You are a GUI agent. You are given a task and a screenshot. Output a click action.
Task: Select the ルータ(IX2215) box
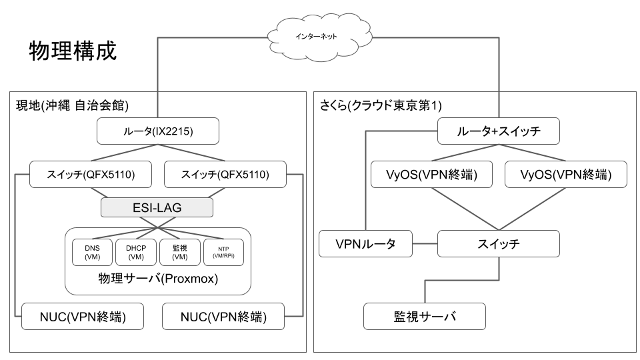tap(158, 131)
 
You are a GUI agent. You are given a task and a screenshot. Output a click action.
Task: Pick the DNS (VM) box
tap(92, 252)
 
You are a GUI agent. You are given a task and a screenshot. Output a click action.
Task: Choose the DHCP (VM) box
tap(135, 252)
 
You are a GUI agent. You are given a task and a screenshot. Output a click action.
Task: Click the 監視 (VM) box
tap(179, 252)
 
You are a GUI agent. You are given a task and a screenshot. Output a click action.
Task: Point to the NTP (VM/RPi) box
tap(223, 252)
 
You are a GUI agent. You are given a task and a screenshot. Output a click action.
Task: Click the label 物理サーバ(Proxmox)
tap(158, 278)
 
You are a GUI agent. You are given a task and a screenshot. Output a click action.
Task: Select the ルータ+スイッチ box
tap(499, 131)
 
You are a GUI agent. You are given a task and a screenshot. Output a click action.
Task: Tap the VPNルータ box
tap(365, 244)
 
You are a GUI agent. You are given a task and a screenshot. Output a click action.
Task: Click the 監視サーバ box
tap(424, 316)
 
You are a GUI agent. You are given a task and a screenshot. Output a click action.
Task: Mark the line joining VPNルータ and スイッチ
tap(424, 244)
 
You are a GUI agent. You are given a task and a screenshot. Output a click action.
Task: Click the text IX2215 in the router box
tap(173, 131)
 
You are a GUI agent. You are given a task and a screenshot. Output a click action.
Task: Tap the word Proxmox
tap(193, 278)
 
